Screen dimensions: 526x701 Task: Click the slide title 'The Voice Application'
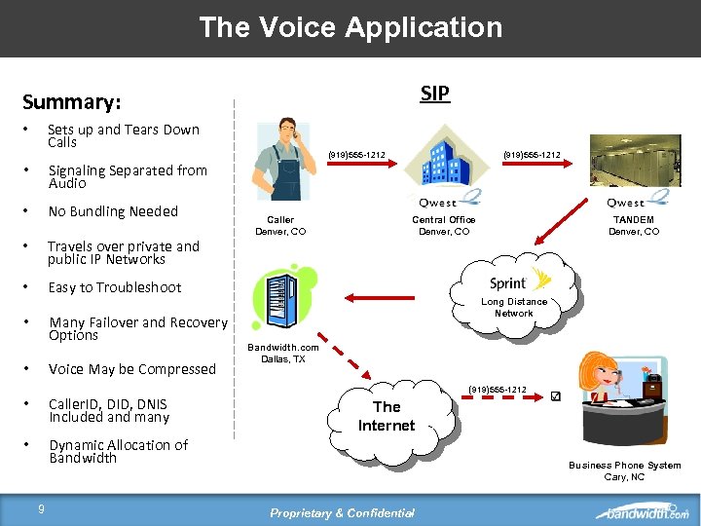pos(350,27)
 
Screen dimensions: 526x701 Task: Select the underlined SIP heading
pos(434,94)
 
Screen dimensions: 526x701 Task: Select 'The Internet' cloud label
pos(387,416)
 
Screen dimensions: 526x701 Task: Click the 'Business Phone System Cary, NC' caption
pos(624,471)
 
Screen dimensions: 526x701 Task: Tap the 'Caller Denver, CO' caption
pos(280,226)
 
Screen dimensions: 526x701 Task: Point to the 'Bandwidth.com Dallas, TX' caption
pos(282,353)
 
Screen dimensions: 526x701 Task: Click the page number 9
pos(41,507)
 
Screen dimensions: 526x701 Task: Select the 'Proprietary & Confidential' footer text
pos(343,513)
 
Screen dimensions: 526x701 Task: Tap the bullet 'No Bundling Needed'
pos(113,211)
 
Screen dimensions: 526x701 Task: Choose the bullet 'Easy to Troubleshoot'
pos(115,287)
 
